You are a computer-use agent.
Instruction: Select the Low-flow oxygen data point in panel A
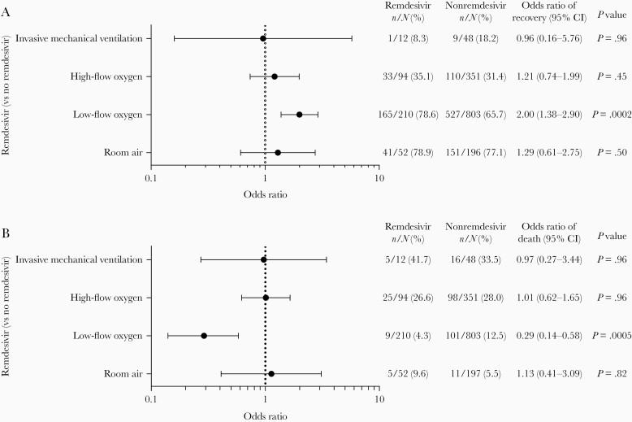299,115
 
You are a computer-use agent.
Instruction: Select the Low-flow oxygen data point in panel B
204,335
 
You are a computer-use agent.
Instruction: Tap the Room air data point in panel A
278,152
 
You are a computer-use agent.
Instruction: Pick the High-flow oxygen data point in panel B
266,298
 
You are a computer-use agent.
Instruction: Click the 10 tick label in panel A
378,181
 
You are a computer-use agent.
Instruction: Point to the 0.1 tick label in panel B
151,401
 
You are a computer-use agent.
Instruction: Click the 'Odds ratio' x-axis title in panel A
265,195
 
